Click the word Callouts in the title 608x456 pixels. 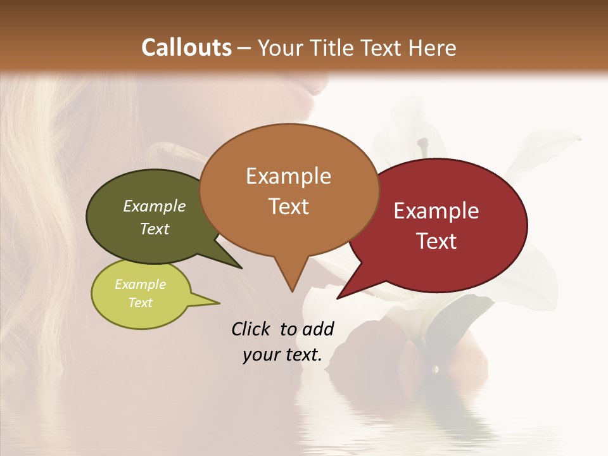pos(186,47)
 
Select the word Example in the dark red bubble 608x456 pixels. pos(436,211)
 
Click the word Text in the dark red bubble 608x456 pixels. pos(436,241)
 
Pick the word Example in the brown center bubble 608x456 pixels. pos(288,176)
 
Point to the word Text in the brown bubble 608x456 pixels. pos(288,206)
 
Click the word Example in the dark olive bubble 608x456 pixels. pos(154,206)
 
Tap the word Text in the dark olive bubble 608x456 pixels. pos(154,229)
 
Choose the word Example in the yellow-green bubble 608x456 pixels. pos(140,284)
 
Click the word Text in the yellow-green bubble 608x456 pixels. pos(140,303)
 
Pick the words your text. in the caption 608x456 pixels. pos(282,355)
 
